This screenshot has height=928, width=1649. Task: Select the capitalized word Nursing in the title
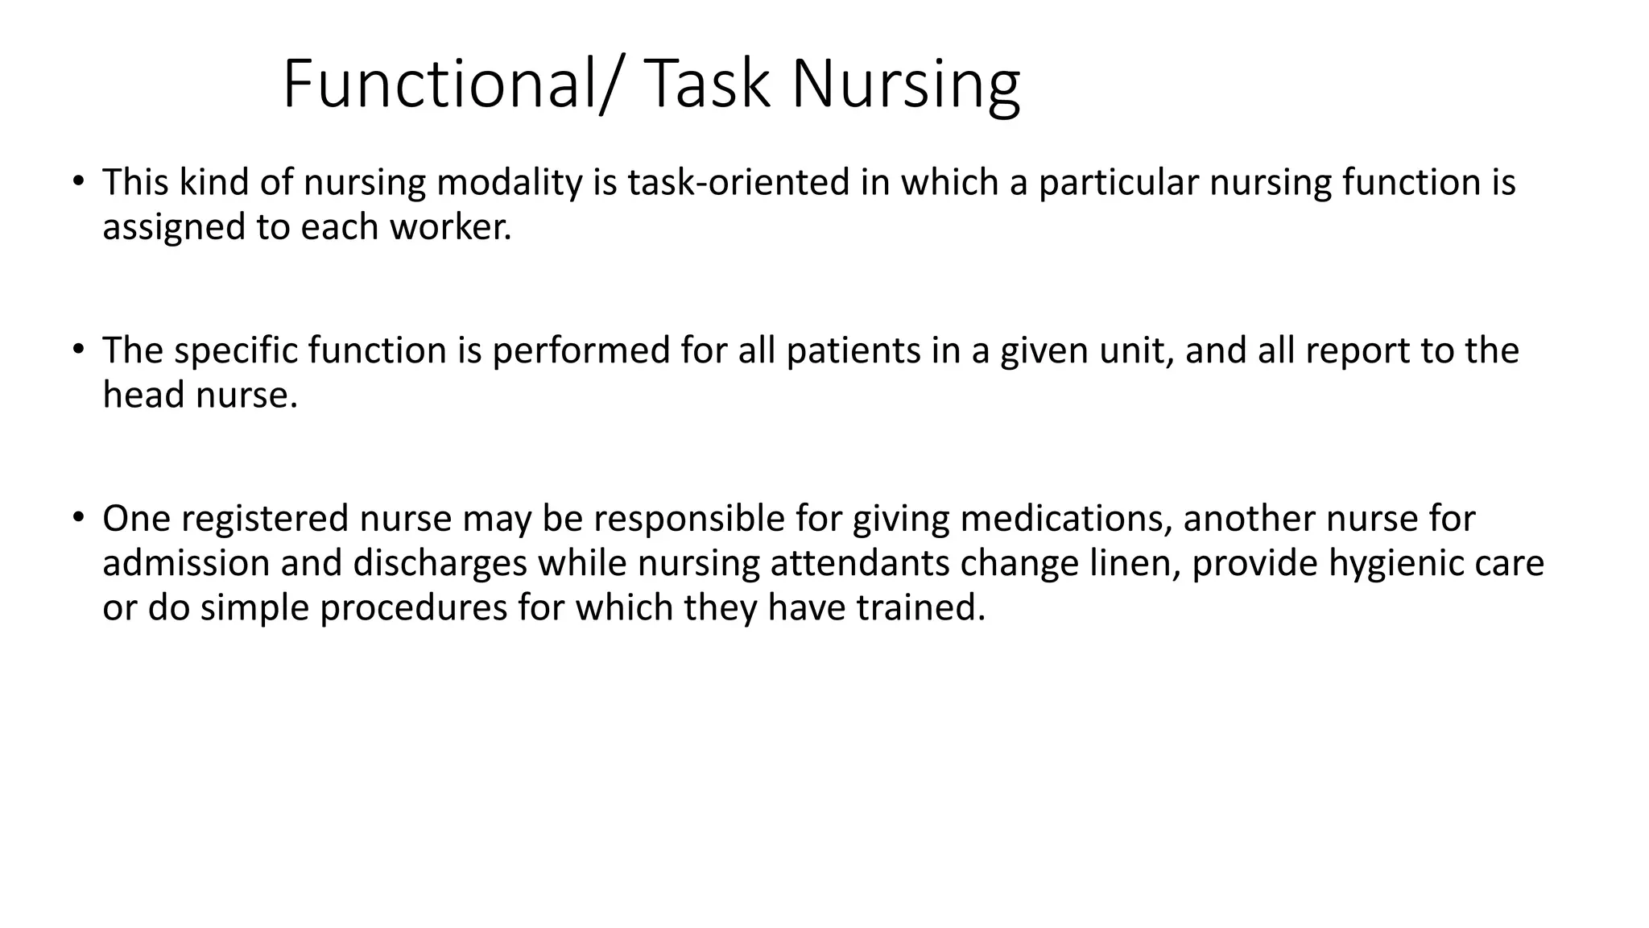(906, 85)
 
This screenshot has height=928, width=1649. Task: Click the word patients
(853, 351)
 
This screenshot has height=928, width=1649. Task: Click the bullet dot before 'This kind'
(77, 180)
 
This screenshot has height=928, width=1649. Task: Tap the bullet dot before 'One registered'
(77, 516)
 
